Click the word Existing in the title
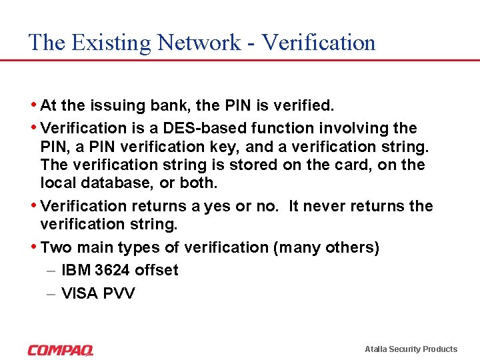point(110,43)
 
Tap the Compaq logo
point(61,349)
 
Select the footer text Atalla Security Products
point(411,349)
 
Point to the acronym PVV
point(119,293)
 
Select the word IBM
point(76,270)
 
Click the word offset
point(157,270)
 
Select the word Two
point(56,247)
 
